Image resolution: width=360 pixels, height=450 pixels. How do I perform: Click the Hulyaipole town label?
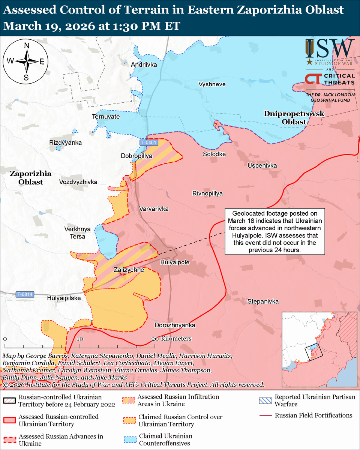(x=175, y=262)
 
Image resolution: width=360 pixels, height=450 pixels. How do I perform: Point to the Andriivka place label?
(x=144, y=65)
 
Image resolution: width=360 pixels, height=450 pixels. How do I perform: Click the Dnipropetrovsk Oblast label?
(x=294, y=117)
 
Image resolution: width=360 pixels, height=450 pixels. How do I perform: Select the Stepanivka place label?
(x=263, y=301)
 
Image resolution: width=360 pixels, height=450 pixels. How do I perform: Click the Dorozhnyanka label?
(x=175, y=325)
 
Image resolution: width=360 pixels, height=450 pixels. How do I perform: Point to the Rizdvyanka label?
(x=65, y=143)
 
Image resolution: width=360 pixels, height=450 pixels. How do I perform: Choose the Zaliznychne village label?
(x=129, y=269)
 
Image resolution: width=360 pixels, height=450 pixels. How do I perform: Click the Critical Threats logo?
(x=329, y=79)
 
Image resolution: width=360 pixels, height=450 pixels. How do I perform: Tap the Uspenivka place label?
(x=262, y=165)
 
